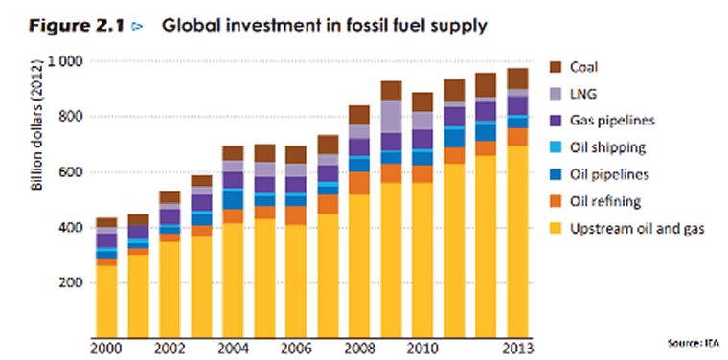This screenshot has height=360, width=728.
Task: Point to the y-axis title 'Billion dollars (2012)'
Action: (37, 124)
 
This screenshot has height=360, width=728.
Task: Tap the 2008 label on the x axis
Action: (360, 347)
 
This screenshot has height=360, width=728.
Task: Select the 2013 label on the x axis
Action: (518, 347)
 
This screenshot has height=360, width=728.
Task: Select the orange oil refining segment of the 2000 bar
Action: (106, 261)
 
